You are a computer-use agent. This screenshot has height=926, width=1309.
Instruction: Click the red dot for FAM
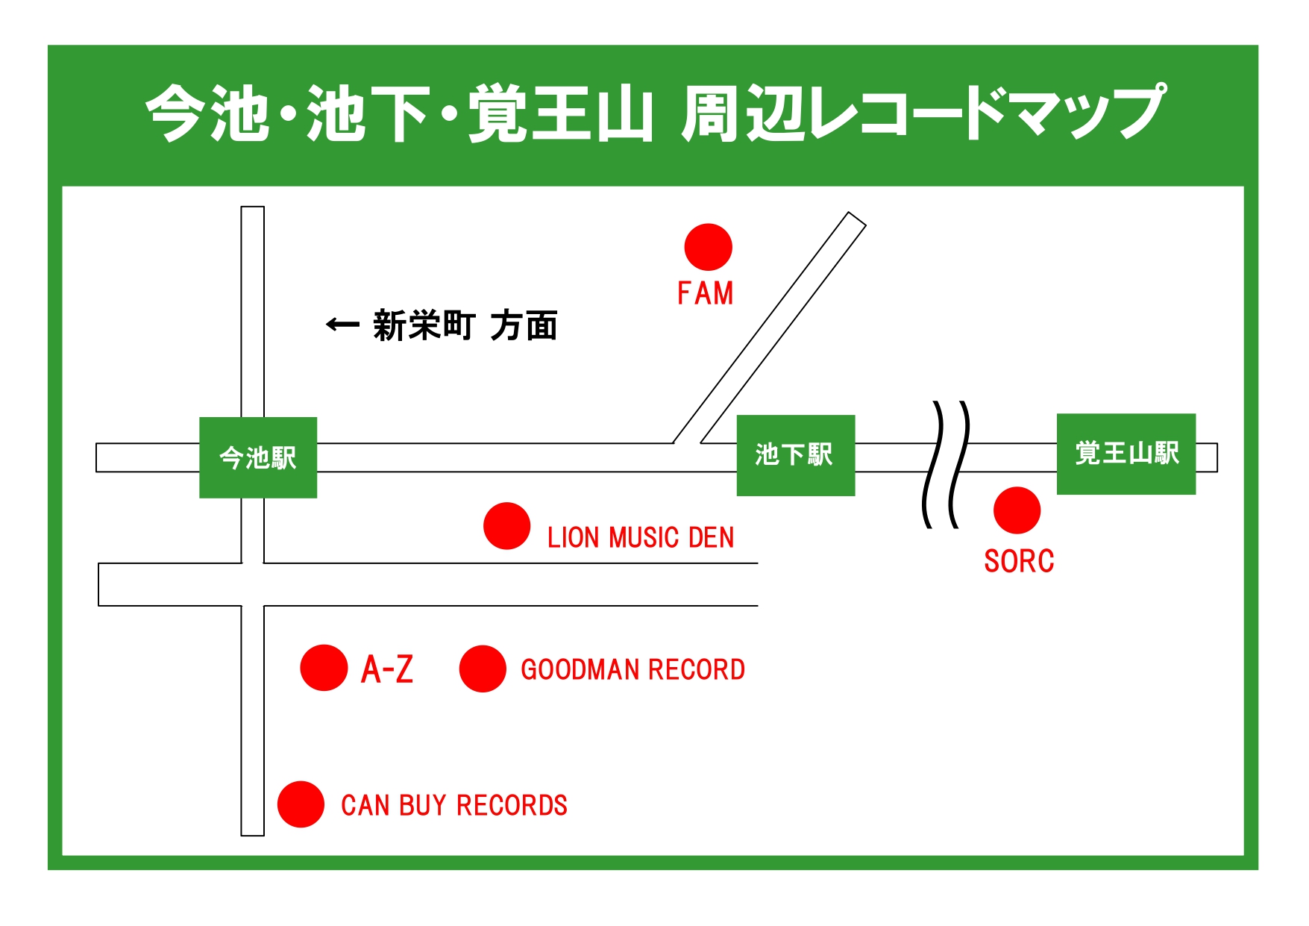coord(708,247)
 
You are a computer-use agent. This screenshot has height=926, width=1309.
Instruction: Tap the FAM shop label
coord(705,293)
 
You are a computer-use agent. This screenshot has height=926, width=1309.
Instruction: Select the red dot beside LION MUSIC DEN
coord(506,525)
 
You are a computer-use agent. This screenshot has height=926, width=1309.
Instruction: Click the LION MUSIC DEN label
coord(641,537)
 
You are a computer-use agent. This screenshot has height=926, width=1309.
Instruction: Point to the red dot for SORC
coord(1017,510)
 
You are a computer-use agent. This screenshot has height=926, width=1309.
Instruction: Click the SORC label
coord(1019,561)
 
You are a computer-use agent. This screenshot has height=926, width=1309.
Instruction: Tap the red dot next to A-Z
coord(324,668)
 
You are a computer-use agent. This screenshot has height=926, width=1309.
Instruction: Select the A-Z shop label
coord(387,669)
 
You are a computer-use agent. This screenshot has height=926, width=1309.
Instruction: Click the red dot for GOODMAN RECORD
coord(483,669)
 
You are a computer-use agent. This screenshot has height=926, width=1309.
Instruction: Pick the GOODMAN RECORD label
coord(632,669)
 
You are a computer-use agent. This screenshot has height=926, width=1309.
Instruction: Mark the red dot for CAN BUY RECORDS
coord(301,804)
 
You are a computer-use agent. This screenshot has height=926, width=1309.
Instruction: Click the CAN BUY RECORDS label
coord(454,805)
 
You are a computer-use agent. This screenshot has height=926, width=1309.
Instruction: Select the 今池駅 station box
coord(258,457)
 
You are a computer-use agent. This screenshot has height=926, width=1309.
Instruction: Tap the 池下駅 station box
coord(796,455)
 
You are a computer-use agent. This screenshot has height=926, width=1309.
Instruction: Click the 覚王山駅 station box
coord(1126,454)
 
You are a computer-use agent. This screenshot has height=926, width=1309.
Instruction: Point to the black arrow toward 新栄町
coord(343,325)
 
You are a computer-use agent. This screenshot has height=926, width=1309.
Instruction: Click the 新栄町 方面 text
coord(465,326)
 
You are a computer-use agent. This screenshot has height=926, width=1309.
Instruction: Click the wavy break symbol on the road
coord(947,464)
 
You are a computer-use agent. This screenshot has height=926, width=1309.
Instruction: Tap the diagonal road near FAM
coord(769,328)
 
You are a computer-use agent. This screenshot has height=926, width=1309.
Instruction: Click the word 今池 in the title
coord(208,113)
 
